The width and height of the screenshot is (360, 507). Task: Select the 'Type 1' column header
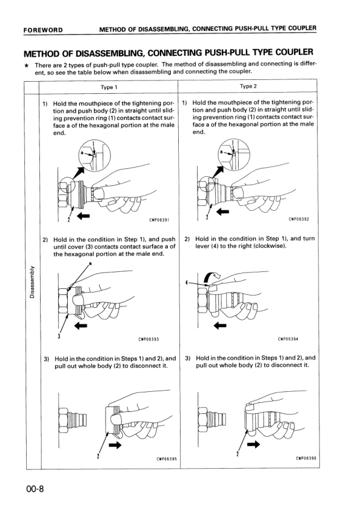[x=110, y=87]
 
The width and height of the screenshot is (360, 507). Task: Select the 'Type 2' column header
[x=249, y=86]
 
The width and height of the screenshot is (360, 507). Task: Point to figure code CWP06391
[x=159, y=220]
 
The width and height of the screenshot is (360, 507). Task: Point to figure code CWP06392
[x=299, y=219]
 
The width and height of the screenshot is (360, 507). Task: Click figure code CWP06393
[x=149, y=340]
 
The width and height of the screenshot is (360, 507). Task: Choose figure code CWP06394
[x=288, y=339]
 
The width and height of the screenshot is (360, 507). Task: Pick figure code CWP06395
[x=159, y=459]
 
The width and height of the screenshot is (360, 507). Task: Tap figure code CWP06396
[x=299, y=459]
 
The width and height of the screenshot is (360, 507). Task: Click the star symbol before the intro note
[x=26, y=65]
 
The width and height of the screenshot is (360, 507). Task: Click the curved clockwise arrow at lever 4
[x=211, y=277]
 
